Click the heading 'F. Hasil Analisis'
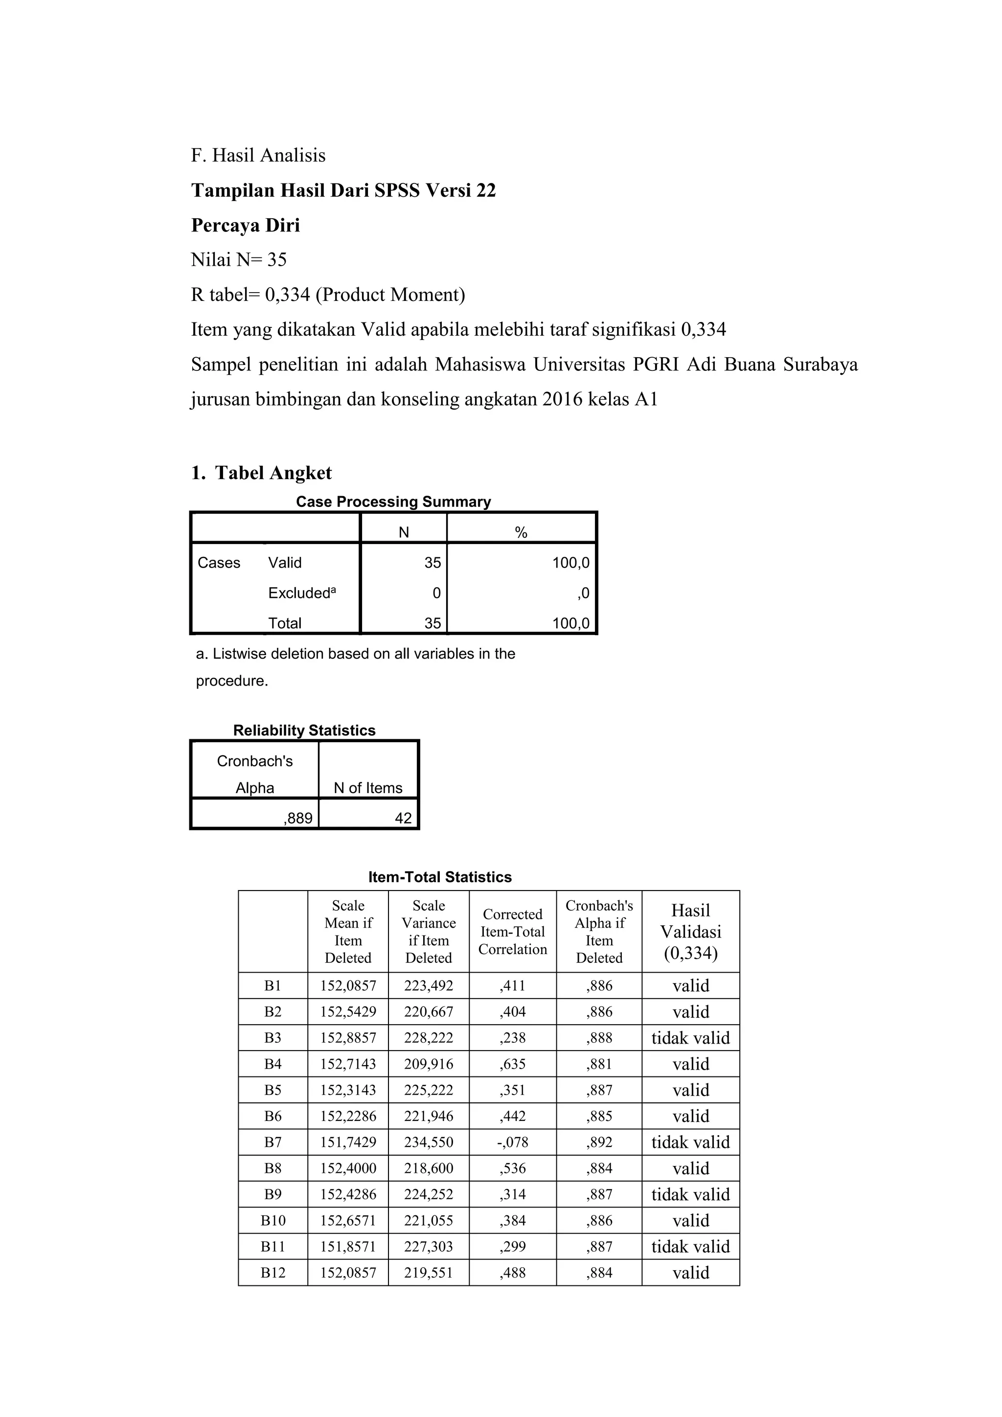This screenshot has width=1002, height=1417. [x=258, y=155]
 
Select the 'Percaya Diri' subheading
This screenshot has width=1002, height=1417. [x=246, y=225]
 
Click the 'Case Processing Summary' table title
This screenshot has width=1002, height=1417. [x=393, y=501]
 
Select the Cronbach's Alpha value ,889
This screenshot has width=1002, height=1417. [x=298, y=819]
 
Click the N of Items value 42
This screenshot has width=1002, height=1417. [x=403, y=819]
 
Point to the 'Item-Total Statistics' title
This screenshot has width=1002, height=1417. [x=439, y=877]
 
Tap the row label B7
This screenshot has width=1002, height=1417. [x=273, y=1143]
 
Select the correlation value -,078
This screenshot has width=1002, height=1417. [x=512, y=1143]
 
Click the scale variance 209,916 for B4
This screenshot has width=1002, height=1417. [x=428, y=1064]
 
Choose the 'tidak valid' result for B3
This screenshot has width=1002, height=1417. [x=690, y=1038]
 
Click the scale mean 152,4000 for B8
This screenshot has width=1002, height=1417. [x=348, y=1168]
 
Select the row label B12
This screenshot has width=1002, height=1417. [x=273, y=1273]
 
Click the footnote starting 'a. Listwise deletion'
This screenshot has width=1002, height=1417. [x=355, y=654]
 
